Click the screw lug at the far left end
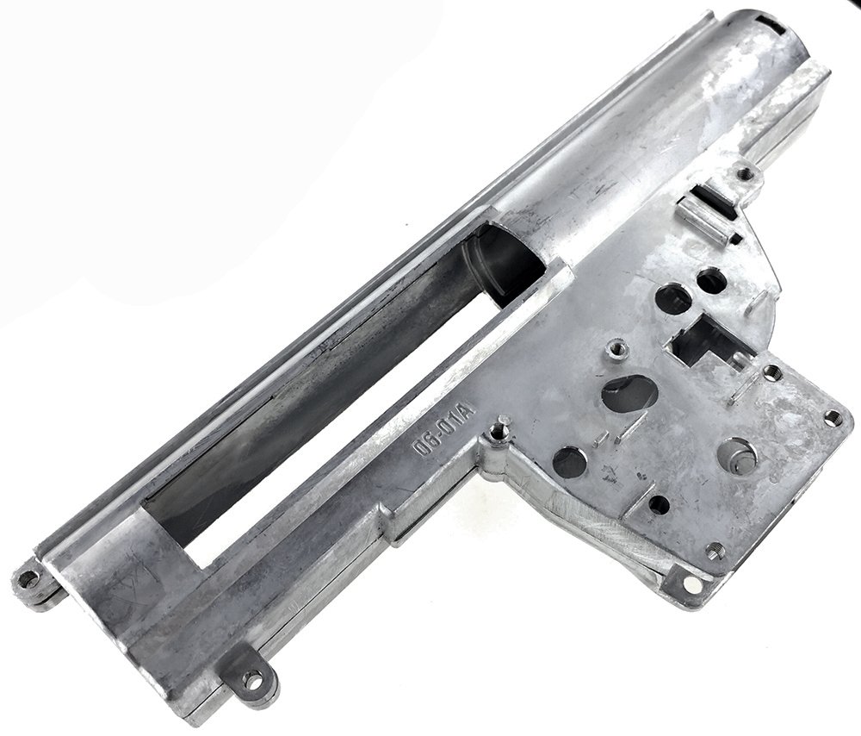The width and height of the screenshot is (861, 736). click(x=32, y=575)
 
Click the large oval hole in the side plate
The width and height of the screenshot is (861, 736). click(x=629, y=393)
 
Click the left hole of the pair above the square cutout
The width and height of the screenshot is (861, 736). click(x=672, y=299)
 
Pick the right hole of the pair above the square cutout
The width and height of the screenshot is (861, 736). click(x=710, y=279)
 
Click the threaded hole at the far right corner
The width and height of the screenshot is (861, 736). click(x=831, y=418)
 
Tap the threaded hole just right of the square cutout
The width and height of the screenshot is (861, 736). click(x=772, y=372)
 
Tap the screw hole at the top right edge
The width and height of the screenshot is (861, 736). click(x=746, y=175)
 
